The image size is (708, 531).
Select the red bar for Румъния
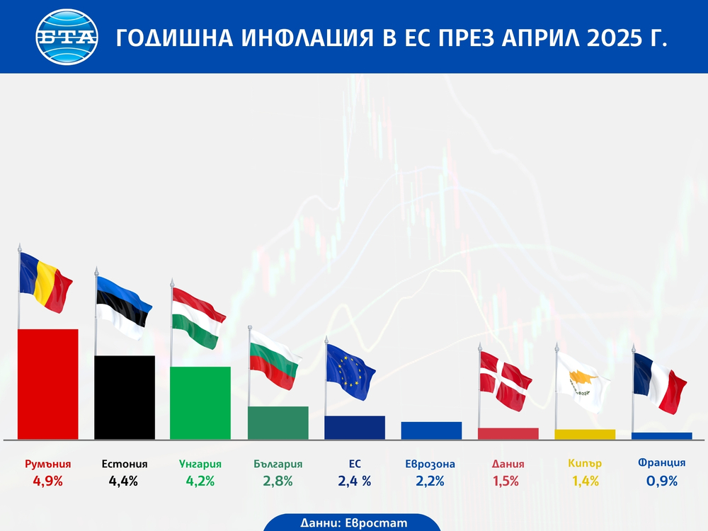coord(47,384)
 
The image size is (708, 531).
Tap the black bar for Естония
coord(125,396)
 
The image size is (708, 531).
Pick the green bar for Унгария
coord(200,402)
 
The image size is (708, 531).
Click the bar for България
coord(278,422)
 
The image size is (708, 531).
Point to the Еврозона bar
coord(430,430)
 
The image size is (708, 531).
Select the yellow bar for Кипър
coord(585,434)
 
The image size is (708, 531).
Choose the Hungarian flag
coord(199,317)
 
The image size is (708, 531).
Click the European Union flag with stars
coord(350,368)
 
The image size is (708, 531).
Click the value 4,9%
coord(47,481)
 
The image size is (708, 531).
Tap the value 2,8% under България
coord(278,481)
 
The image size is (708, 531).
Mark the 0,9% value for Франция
coord(661,481)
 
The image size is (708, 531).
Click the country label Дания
coord(508,464)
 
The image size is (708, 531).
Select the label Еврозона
coord(430,464)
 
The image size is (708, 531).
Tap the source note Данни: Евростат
coord(354,523)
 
